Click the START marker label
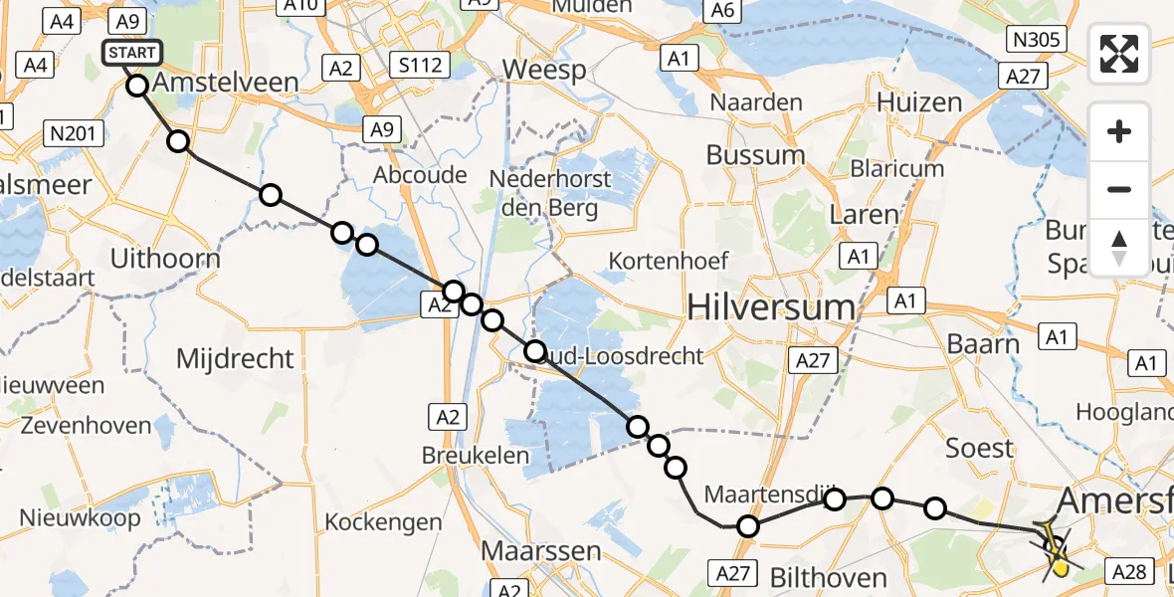129,53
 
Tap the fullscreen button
1119,54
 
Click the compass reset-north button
1119,248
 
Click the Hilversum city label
772,307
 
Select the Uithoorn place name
165,260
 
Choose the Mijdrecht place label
235,358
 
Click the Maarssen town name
540,550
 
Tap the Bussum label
756,155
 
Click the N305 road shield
1037,40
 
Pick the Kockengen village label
383,522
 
